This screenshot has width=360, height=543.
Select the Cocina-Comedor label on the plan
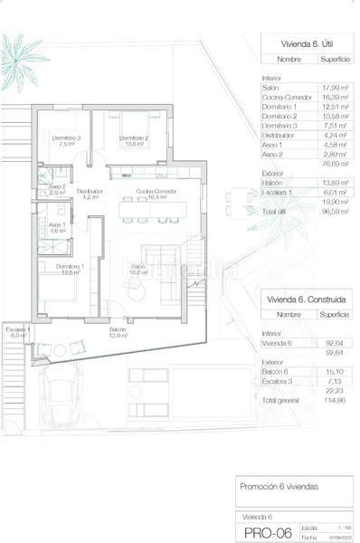point(155,193)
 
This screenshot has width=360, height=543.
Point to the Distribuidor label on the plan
point(90,193)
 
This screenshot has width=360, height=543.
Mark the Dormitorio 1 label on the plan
point(70,268)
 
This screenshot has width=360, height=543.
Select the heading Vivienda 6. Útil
point(295,42)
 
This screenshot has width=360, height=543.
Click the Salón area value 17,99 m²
point(332,86)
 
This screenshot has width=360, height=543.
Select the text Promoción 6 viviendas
point(279,486)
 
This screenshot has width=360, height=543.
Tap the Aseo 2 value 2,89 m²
point(332,156)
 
